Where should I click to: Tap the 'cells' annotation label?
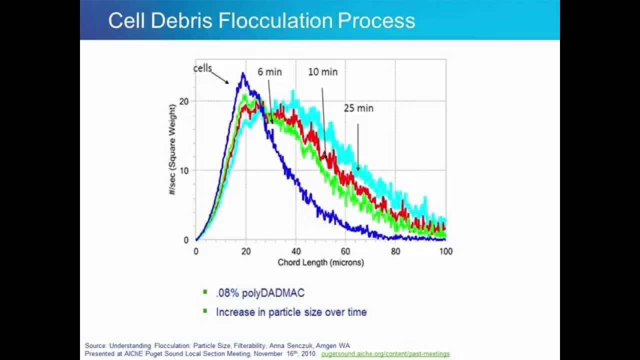(203, 68)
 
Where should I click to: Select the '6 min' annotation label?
(269, 72)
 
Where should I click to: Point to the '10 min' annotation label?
(322, 72)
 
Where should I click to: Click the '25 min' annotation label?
(358, 108)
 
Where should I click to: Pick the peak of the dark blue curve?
(243, 74)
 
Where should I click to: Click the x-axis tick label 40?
(295, 251)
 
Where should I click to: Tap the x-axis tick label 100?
(445, 251)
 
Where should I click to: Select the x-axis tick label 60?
(345, 251)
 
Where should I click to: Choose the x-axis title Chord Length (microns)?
(320, 262)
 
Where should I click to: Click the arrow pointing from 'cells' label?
(219, 76)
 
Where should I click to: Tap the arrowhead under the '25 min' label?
(357, 168)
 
